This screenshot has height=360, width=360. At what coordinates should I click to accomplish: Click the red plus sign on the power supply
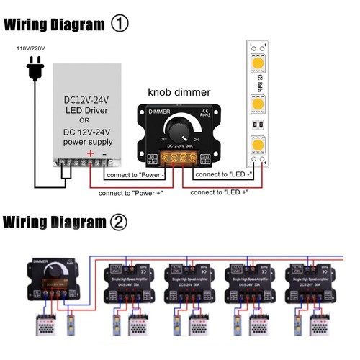coord(89,153)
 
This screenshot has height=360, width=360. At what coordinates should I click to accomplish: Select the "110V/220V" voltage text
coord(31,49)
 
